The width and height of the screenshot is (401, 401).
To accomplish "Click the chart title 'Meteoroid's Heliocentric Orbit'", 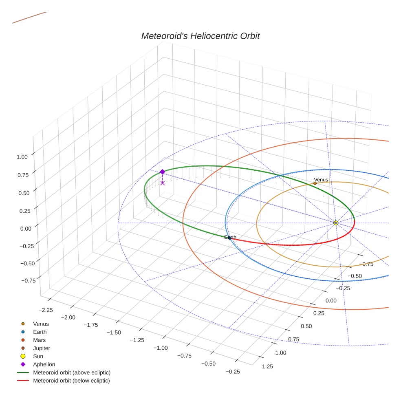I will (x=200, y=36).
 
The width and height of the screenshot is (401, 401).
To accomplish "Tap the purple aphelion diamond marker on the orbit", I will (x=162, y=172).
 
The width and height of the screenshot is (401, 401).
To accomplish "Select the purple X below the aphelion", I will (x=163, y=183).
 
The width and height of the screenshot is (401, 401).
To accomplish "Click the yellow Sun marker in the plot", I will (x=335, y=223).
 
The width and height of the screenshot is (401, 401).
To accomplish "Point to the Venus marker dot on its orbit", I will (x=315, y=183).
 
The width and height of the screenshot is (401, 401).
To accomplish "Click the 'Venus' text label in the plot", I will (x=321, y=180).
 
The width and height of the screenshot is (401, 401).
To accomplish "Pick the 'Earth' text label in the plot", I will (x=230, y=237).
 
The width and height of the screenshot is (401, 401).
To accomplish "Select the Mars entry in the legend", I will (x=39, y=340).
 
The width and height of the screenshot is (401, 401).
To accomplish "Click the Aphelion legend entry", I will (x=44, y=364).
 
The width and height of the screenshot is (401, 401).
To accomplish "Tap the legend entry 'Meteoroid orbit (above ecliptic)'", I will (x=71, y=372).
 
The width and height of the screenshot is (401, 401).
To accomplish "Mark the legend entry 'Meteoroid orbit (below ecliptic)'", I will (x=71, y=381).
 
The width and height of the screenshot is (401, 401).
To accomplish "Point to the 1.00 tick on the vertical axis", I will (x=22, y=157).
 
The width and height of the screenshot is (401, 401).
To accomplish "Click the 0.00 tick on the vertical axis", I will (x=22, y=229).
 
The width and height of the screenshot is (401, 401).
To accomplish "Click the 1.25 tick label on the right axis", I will (x=267, y=366).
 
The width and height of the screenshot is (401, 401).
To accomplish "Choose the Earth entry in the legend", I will (x=40, y=332).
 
